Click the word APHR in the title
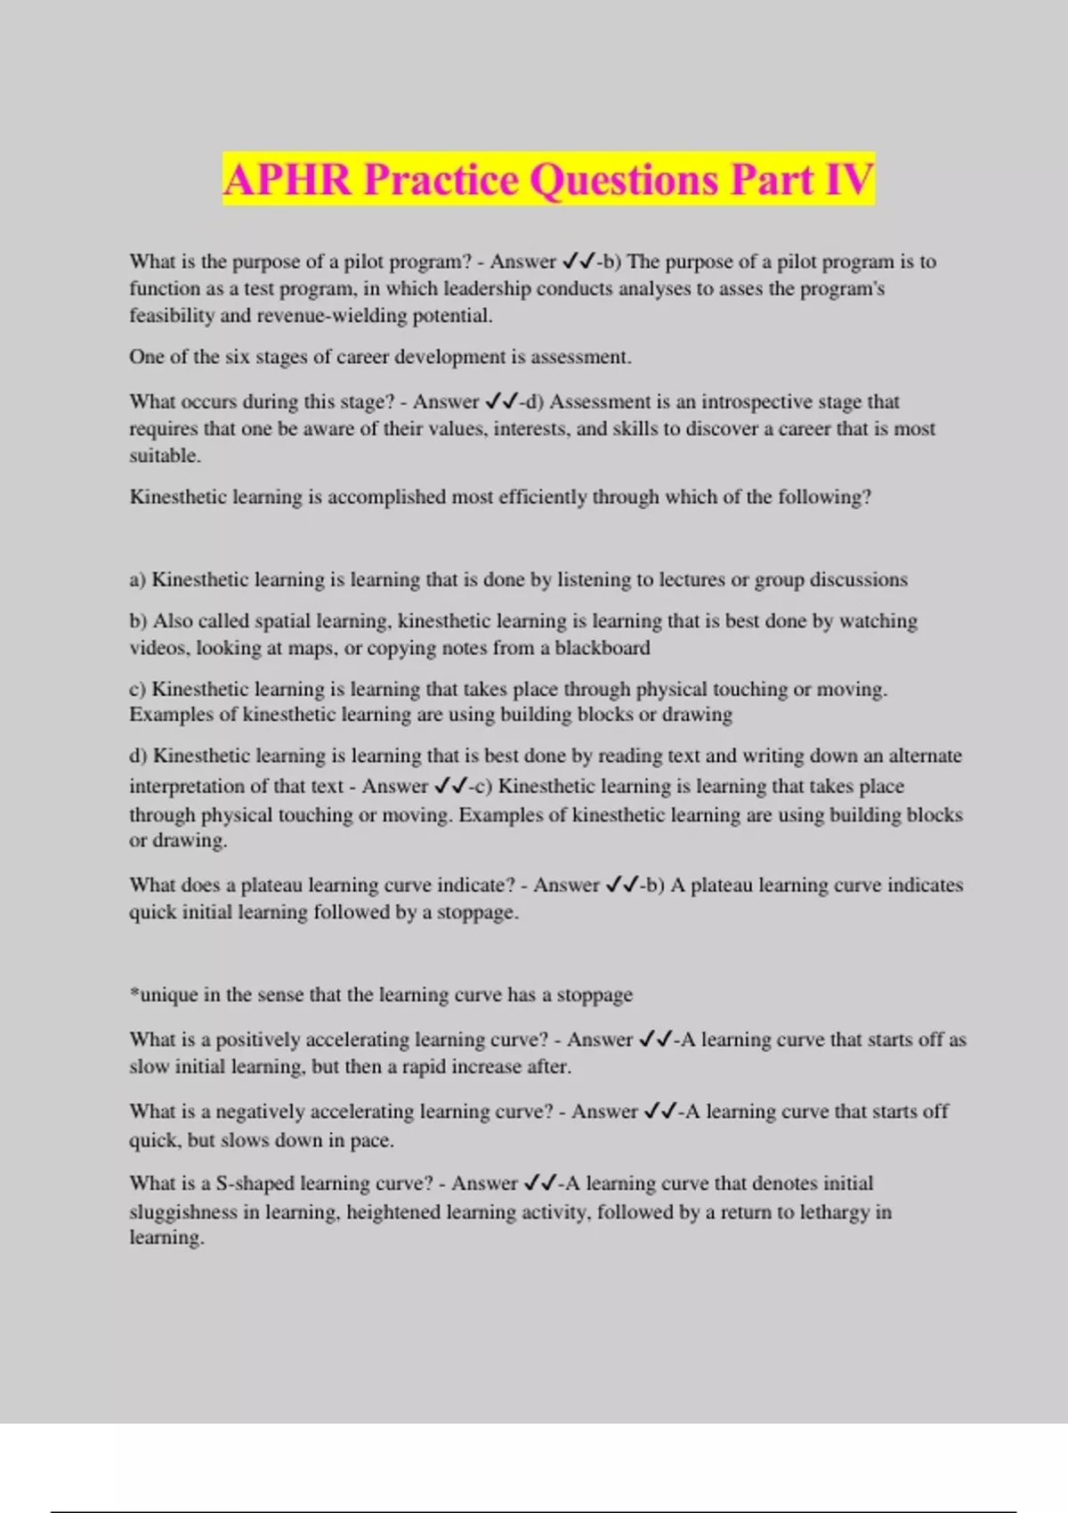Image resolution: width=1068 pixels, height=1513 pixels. (x=287, y=180)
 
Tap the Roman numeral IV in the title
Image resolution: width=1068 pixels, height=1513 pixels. (x=849, y=180)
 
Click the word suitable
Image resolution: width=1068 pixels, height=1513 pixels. (x=164, y=456)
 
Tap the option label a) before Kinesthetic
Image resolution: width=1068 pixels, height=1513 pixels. (x=138, y=580)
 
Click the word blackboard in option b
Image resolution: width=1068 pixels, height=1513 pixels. (x=603, y=648)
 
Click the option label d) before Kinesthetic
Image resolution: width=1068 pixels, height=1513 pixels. (x=138, y=756)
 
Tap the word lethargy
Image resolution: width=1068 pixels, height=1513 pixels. (x=835, y=1212)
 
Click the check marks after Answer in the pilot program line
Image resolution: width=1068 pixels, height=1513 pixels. (x=578, y=263)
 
